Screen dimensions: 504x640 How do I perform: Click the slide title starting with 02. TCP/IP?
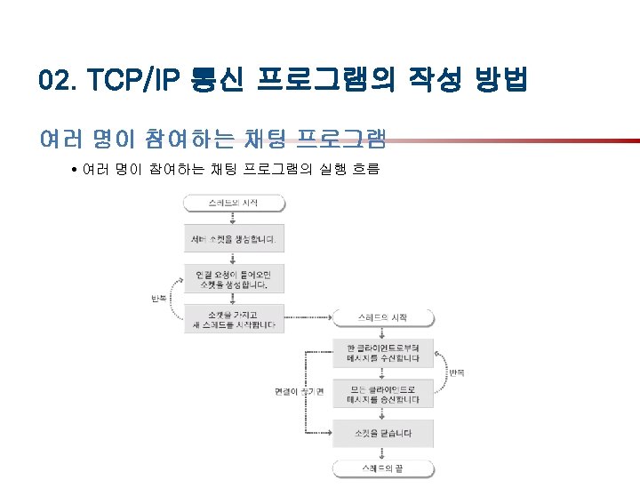point(283,82)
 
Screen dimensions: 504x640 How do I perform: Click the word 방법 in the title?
point(500,82)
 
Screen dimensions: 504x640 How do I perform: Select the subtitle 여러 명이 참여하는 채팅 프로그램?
point(212,139)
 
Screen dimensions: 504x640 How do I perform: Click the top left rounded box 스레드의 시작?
point(234,204)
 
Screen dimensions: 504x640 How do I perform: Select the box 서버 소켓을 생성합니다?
point(234,240)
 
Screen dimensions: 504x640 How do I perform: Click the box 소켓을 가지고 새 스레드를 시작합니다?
point(234,319)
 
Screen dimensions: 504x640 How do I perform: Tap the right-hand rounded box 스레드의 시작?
point(383,317)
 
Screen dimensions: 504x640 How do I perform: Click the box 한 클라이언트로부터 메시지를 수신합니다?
point(383,352)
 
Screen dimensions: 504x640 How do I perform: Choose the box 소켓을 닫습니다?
point(383,434)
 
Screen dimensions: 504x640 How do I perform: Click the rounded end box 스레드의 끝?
point(383,468)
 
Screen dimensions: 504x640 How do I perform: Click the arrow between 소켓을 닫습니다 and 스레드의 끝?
point(383,453)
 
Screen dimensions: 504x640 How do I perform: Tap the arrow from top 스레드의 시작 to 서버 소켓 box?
point(234,220)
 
